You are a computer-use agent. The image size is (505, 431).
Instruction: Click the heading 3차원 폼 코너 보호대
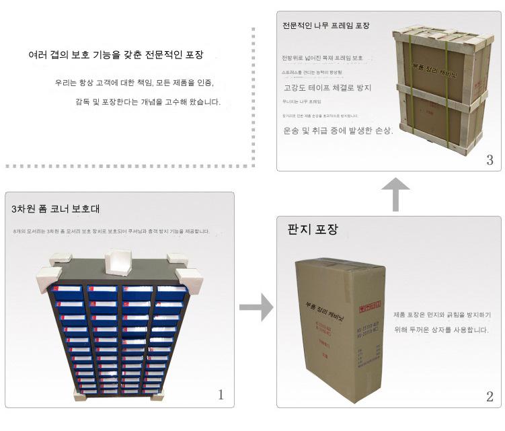click(x=56, y=208)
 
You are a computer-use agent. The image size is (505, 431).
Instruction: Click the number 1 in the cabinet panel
click(x=221, y=395)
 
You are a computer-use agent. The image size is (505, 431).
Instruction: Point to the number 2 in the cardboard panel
click(x=490, y=396)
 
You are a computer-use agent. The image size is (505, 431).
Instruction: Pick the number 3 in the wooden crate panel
click(x=490, y=160)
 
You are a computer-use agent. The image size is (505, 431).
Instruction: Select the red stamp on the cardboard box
click(x=370, y=309)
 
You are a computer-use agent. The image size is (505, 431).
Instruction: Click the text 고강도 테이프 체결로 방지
click(x=327, y=87)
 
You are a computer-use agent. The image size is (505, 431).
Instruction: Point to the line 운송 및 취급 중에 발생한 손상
click(x=338, y=130)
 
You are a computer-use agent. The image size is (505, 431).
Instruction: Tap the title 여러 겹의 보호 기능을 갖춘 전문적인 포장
click(x=116, y=54)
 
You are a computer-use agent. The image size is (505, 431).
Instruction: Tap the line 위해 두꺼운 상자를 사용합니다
click(x=440, y=330)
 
